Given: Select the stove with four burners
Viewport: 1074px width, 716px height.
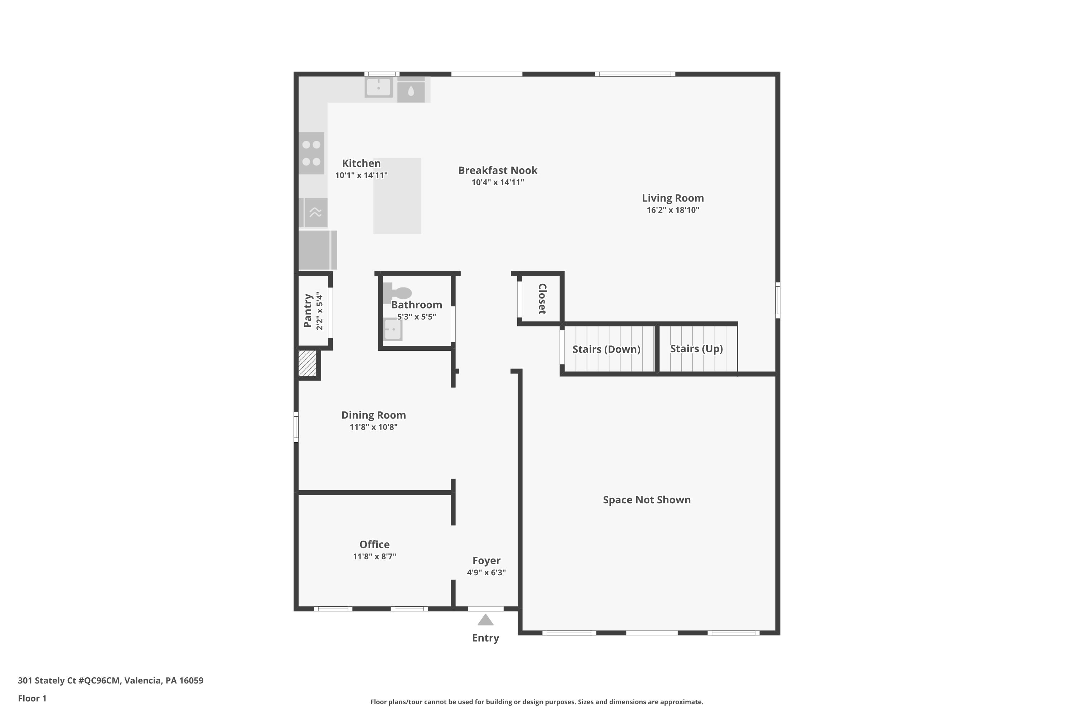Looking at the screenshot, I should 311,153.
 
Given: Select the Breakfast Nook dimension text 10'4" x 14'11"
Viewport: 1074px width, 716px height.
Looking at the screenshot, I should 497,183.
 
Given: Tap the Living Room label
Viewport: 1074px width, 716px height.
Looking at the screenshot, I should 673,198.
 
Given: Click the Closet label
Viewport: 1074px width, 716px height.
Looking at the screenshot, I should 542,299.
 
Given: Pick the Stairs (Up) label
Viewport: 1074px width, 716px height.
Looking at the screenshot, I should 696,349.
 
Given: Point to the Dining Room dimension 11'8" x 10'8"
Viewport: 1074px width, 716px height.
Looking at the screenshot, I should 373,427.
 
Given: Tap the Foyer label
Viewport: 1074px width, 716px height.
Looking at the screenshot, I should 486,561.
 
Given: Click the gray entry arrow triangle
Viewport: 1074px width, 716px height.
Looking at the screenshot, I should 485,620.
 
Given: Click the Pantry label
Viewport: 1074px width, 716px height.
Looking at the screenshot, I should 308,310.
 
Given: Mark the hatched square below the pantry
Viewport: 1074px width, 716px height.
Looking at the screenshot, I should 307,363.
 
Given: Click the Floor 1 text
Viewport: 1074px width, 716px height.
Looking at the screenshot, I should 32,698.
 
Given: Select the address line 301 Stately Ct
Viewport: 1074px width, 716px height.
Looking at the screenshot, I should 111,681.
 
